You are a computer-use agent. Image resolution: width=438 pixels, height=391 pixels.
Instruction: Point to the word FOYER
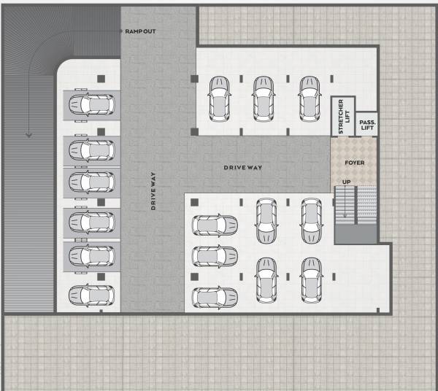(x=354, y=163)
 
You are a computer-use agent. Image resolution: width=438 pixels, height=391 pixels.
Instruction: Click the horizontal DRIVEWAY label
(x=242, y=168)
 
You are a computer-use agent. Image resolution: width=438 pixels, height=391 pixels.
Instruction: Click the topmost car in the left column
(x=91, y=105)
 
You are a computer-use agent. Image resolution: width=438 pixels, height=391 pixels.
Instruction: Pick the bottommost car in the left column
(x=91, y=295)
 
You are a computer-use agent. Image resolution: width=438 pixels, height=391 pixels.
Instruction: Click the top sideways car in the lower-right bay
(x=215, y=225)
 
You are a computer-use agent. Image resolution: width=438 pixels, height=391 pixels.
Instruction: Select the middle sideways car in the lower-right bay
(x=215, y=256)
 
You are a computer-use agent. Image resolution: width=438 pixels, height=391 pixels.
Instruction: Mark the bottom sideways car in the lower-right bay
(x=215, y=297)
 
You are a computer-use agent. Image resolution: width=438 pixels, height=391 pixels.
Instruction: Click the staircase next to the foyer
(x=356, y=206)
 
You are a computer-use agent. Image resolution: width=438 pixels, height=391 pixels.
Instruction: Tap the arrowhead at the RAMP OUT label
(x=120, y=31)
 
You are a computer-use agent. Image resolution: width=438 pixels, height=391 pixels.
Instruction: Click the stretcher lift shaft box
(x=342, y=117)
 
